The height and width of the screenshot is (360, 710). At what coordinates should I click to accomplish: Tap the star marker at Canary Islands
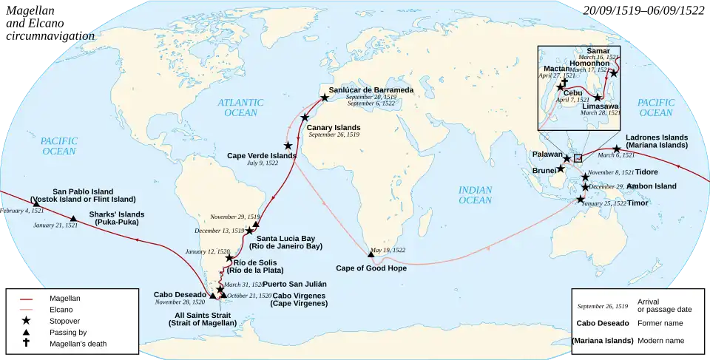305,118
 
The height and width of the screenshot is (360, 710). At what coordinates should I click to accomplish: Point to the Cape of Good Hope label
371,268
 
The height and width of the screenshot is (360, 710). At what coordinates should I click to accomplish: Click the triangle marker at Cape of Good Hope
371,254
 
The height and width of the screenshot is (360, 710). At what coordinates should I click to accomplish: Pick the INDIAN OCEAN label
475,195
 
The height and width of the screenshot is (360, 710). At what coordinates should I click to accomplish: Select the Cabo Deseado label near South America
180,293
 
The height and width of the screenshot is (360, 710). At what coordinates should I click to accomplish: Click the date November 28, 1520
180,302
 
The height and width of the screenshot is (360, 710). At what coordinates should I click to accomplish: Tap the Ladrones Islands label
657,137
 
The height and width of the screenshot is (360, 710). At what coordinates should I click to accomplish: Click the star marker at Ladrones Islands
616,149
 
